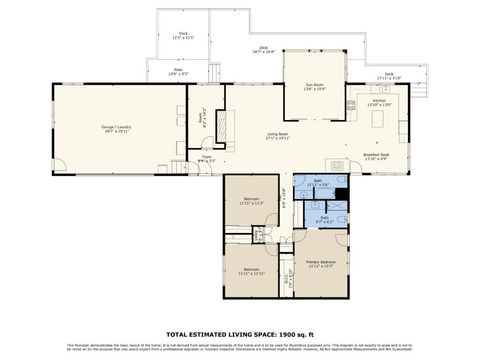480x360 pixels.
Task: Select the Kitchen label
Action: coord(379,103)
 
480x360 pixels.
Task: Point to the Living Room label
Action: coord(279,135)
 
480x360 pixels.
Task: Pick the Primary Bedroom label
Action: coord(321,264)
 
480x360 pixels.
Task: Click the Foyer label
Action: coord(206,158)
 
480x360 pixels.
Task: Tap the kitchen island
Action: coord(379,120)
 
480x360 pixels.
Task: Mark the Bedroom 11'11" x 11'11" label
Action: coord(251,271)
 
